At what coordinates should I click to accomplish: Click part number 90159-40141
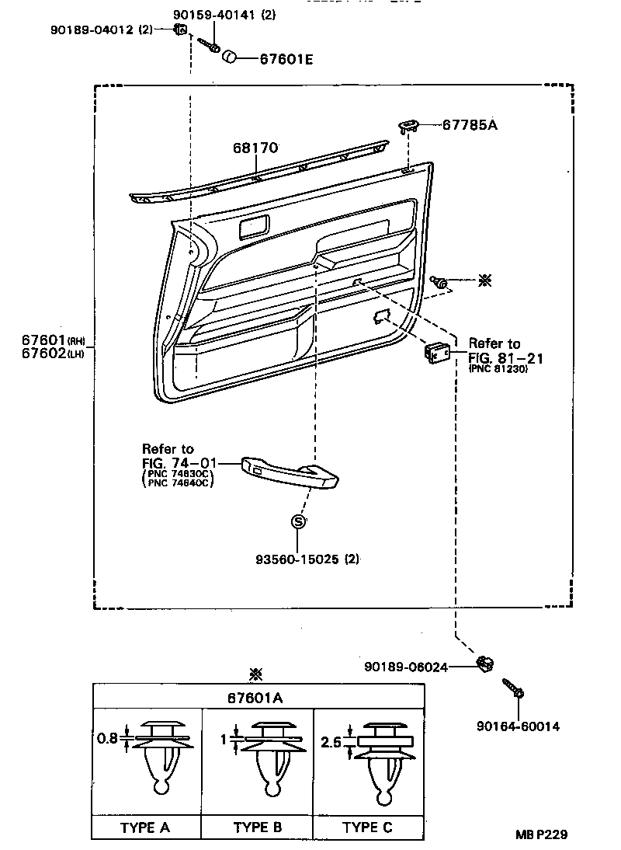pos(214,15)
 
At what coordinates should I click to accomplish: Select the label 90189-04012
pos(92,30)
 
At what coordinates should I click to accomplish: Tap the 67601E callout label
pos(286,59)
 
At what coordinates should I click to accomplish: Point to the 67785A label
pos(470,124)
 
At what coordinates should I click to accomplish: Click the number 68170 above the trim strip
pos(255,148)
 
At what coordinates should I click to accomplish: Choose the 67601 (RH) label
pos(54,340)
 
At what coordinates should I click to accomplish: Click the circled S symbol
pos(298,521)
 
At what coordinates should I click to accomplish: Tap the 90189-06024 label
pos(406,667)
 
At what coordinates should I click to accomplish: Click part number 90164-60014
pos(518,726)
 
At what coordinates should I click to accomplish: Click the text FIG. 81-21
pos(505,357)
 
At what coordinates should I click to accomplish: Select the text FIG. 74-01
pos(179,464)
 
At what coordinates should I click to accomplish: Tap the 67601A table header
pos(255,698)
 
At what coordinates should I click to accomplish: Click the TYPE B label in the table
pos(258,827)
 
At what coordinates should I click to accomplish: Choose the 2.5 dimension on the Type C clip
pos(331,741)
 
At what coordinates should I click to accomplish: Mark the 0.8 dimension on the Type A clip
pos(107,738)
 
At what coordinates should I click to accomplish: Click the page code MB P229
pos(541,834)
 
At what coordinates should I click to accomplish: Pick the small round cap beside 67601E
pos(231,56)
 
